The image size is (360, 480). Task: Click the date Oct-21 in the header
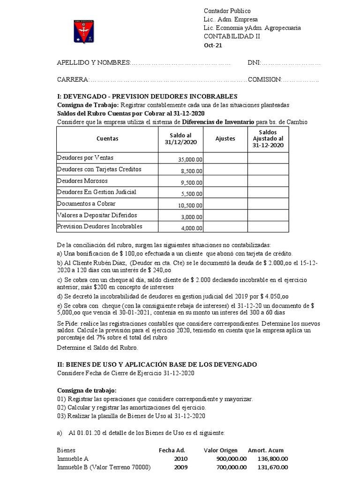213,45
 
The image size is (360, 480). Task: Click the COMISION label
264,79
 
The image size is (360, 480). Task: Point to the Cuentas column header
107,139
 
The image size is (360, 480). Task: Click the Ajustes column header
225,139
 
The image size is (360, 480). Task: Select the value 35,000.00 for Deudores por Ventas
190,160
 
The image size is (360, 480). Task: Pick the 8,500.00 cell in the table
192,172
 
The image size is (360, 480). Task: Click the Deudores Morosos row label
82,180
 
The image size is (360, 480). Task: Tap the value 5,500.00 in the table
192,195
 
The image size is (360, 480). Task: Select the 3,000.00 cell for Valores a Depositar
192,217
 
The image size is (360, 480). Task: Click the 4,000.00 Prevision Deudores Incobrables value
192,229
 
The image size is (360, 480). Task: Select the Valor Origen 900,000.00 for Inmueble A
232,458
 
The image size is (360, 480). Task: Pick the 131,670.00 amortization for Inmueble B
273,467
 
